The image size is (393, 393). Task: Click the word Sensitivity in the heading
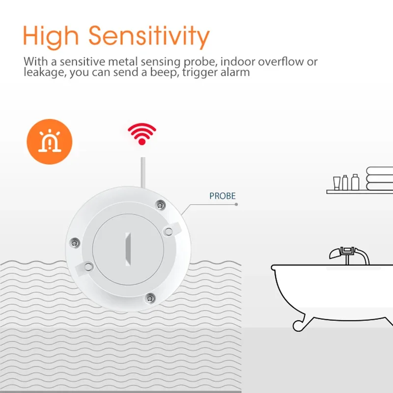(149, 37)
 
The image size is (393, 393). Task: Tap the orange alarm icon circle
(50, 142)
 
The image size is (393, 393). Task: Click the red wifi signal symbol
(142, 134)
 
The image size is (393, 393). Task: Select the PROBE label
(223, 196)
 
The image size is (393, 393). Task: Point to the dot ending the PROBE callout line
(236, 204)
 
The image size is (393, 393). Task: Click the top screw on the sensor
(160, 205)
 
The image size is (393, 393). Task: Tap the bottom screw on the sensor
(150, 298)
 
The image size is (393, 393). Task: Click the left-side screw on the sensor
(75, 243)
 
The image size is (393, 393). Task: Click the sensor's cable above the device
(143, 172)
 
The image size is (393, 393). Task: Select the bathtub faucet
(349, 255)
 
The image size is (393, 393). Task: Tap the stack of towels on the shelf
(380, 178)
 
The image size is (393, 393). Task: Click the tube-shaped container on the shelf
(337, 183)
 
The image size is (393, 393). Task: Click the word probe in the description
(200, 62)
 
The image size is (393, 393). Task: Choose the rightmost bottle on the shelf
(355, 182)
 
